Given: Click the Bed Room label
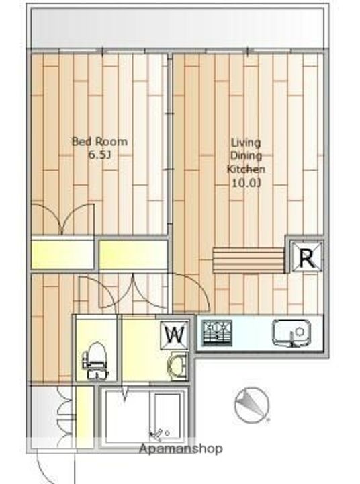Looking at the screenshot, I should coord(99,142).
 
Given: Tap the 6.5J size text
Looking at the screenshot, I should coord(99,155).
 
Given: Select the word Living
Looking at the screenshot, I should coord(246,143).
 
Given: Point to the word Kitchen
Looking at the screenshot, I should coord(246,169).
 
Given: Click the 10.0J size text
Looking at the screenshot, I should coord(246,183).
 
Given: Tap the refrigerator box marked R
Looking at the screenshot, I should coord(306,256).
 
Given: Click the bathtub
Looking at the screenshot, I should coord(165,417).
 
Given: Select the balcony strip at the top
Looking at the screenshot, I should coord(178,28).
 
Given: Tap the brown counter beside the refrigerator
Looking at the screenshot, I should coord(249,257).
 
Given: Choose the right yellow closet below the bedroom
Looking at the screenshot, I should coord(133,254).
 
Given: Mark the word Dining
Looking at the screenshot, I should coord(246,156).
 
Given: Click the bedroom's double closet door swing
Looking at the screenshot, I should coord(63,218).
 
